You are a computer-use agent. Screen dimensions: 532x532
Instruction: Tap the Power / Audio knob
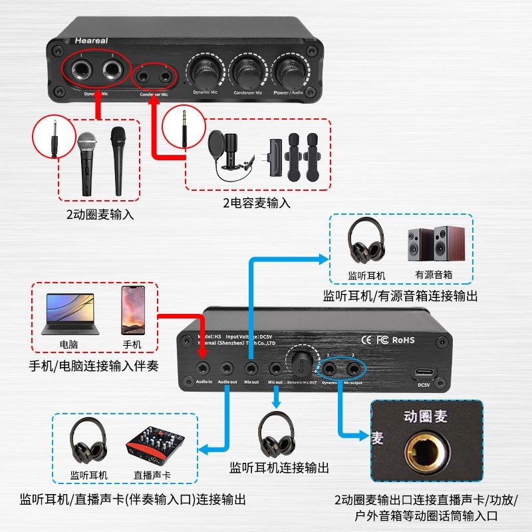291,68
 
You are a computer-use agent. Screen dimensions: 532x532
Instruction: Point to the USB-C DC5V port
424,372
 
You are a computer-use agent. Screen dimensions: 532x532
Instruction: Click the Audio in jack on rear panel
204,367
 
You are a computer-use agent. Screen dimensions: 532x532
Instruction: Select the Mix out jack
251,367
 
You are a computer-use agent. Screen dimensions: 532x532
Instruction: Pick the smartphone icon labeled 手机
132,311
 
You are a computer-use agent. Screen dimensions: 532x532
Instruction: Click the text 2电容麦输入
257,203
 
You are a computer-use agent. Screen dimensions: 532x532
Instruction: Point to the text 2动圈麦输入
100,214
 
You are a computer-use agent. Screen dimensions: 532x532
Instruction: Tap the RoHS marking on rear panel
403,340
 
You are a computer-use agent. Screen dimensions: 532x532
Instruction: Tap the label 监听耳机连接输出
279,467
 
